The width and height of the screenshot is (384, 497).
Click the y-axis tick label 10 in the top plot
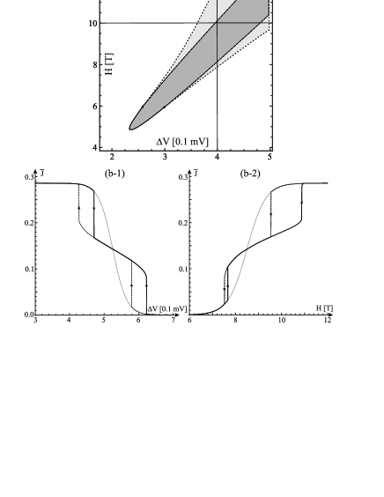pos(92,24)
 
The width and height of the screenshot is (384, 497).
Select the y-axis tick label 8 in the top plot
pos(95,65)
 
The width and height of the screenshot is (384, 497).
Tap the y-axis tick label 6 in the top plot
pos(95,107)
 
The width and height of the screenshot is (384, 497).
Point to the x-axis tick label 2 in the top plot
pos(112,157)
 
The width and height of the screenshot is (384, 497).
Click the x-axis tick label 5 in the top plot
pos(270,157)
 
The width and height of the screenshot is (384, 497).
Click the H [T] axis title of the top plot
pos(109,63)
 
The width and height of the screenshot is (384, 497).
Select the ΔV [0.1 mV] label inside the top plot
pos(182,142)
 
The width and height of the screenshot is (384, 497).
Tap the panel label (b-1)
pos(114,174)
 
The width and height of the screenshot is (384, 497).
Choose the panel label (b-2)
pos(250,174)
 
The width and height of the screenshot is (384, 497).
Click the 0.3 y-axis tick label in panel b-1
pos(29,177)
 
